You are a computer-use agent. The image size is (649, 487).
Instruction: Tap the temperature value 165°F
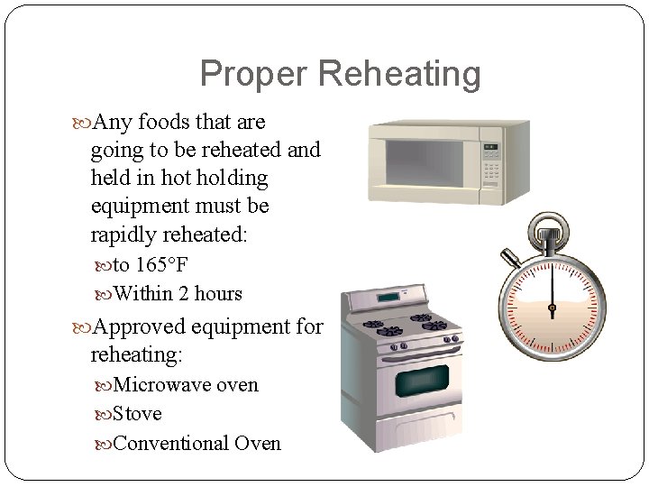tap(163, 264)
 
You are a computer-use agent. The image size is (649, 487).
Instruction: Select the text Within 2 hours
tap(178, 293)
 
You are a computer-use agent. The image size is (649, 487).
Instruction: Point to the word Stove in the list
tap(138, 414)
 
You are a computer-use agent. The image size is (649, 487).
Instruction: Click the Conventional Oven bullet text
tap(197, 443)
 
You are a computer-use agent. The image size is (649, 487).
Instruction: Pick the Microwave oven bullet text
tap(186, 385)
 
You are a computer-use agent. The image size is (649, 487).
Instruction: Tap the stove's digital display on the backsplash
tap(388, 296)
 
